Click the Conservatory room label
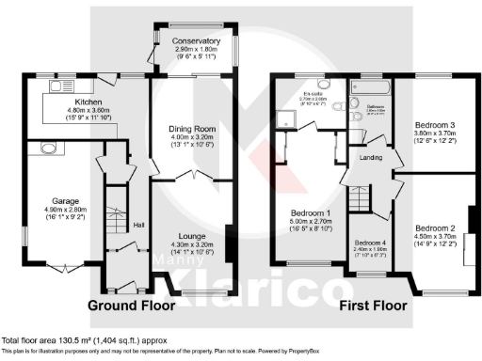196,41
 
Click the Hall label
138,226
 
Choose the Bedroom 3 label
435,125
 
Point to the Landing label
370,158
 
